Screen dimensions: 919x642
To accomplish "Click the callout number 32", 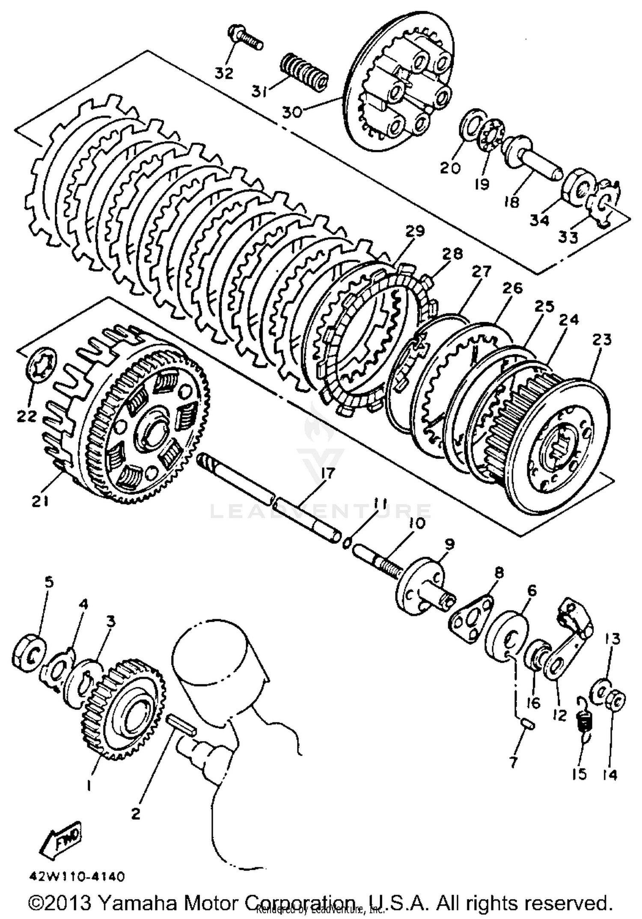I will [224, 73].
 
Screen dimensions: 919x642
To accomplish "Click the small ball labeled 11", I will [348, 543].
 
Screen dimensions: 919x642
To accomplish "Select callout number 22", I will [27, 415].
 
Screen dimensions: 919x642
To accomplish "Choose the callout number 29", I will [415, 231].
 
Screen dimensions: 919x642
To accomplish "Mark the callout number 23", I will [602, 340].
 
